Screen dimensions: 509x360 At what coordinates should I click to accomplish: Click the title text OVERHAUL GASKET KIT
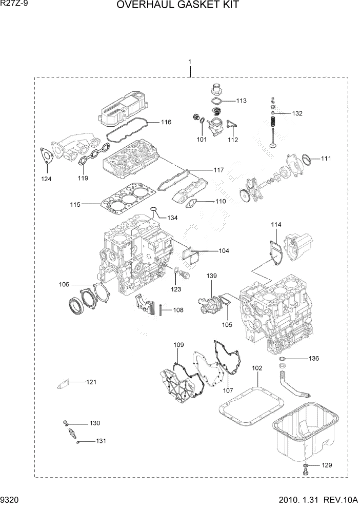click(x=178, y=6)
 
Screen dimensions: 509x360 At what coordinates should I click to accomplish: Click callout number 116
click(x=166, y=122)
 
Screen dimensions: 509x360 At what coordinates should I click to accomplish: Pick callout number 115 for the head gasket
click(x=75, y=205)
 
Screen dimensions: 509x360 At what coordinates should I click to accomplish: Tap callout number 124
click(x=47, y=179)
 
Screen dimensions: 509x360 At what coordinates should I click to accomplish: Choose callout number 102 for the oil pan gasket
click(x=257, y=368)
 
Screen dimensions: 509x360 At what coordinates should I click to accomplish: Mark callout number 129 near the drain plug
click(x=327, y=465)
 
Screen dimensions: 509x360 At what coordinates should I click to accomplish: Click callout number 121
click(x=91, y=382)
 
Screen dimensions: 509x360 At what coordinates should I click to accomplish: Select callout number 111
click(x=326, y=159)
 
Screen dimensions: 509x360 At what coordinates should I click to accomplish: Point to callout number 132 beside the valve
click(x=297, y=113)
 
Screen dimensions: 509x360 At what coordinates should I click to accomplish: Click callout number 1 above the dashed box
click(x=190, y=62)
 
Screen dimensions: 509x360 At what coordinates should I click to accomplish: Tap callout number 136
click(x=313, y=358)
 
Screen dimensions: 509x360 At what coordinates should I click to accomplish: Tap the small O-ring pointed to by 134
click(x=152, y=209)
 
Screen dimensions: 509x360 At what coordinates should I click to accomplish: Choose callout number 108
click(x=178, y=309)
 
